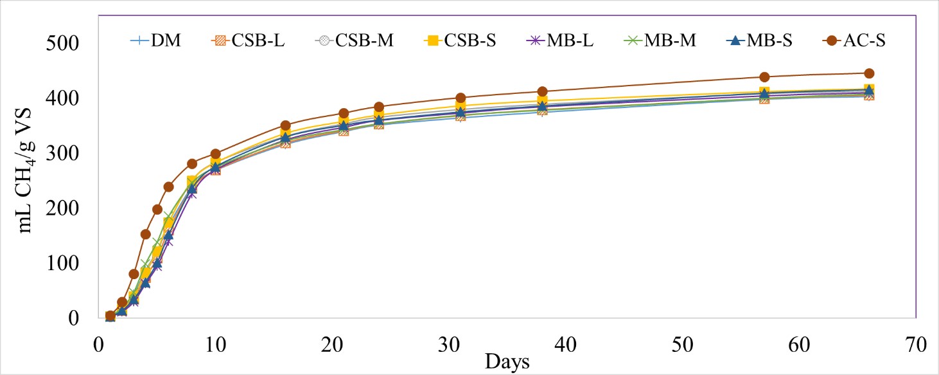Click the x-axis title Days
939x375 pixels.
pyautogui.click(x=507, y=361)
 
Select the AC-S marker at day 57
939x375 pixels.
pyautogui.click(x=764, y=77)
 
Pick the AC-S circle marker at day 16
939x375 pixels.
pyautogui.click(x=285, y=125)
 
